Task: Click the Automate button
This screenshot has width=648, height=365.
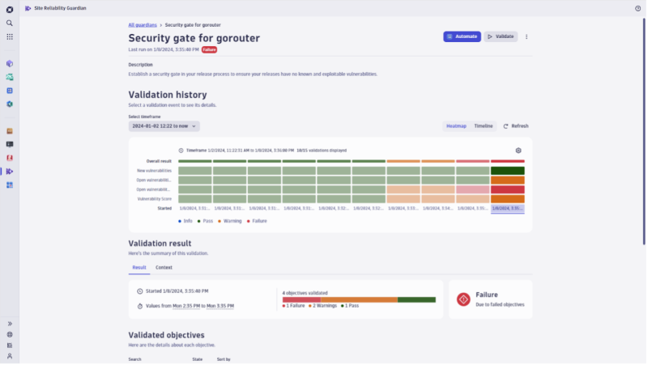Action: click(x=462, y=36)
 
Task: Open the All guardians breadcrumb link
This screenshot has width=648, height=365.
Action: click(x=143, y=25)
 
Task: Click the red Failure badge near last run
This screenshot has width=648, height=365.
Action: click(x=209, y=49)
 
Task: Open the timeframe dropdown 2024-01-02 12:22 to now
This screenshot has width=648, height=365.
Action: click(x=164, y=126)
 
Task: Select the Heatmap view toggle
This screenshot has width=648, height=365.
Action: click(x=456, y=126)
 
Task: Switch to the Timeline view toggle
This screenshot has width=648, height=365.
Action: click(x=483, y=126)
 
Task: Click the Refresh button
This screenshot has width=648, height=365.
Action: click(x=516, y=126)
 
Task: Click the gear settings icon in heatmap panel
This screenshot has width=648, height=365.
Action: click(x=518, y=151)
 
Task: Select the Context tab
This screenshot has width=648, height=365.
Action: click(x=164, y=267)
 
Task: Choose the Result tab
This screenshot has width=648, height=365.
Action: click(x=139, y=267)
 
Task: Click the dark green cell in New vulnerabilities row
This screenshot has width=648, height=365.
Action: click(x=507, y=171)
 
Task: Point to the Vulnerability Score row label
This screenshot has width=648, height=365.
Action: click(x=154, y=199)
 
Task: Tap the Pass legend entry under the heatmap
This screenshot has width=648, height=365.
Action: click(x=206, y=220)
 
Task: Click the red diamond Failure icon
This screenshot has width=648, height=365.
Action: click(x=463, y=299)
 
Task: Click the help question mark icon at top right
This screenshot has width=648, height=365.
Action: click(x=637, y=8)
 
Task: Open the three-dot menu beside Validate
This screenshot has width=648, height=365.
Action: click(x=526, y=36)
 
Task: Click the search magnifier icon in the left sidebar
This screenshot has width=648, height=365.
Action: click(x=10, y=23)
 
